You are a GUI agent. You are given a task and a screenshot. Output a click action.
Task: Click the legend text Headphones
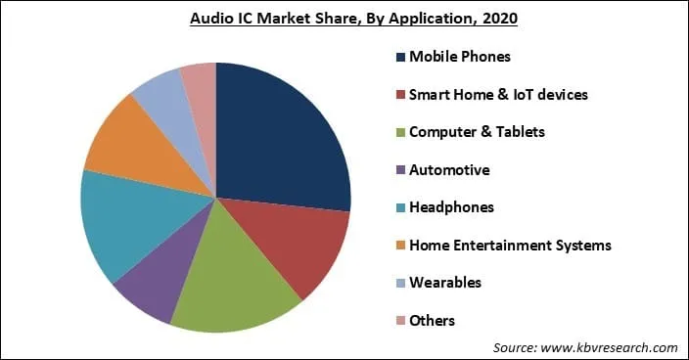click(x=451, y=207)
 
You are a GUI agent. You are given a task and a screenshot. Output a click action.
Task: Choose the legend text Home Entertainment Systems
click(x=510, y=246)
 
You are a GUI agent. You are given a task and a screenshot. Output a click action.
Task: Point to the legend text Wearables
click(x=446, y=283)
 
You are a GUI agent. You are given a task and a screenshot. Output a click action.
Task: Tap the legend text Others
click(x=433, y=321)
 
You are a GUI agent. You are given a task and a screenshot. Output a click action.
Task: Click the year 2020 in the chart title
click(x=496, y=18)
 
